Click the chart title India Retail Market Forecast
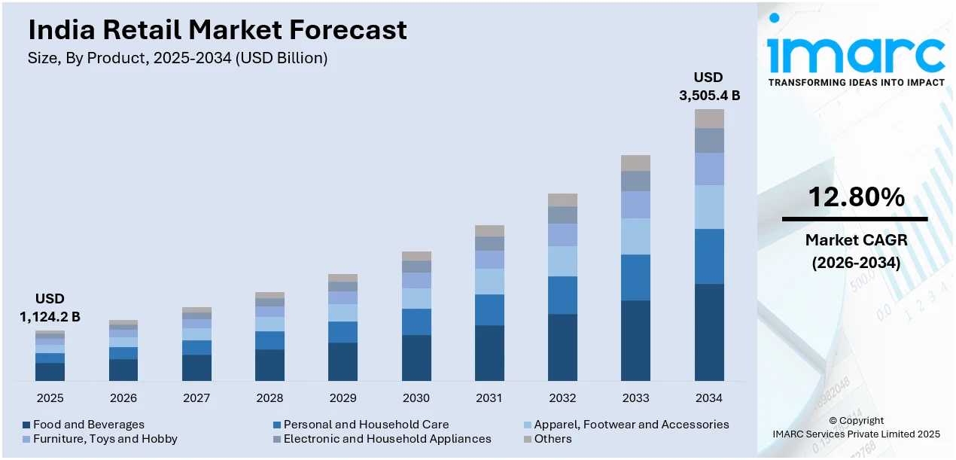218,30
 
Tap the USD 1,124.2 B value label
50,308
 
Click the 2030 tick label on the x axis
416,398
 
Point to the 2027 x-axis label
196,398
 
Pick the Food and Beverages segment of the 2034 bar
709,332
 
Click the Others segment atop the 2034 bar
709,118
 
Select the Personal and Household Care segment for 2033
635,277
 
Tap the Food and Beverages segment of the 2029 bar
343,361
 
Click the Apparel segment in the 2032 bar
562,261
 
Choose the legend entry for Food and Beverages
88,425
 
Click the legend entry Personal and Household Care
366,425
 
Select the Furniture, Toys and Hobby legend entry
105,439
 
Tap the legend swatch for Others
528,439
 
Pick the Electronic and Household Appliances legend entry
387,439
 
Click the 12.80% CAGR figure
856,197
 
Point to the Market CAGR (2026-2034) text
856,251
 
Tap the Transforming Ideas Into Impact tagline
856,82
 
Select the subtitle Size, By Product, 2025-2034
178,58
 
